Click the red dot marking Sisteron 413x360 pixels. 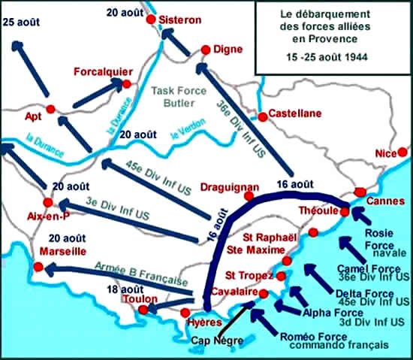151,19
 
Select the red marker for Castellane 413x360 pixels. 262,116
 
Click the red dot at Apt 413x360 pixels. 51,109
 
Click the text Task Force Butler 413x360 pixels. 179,96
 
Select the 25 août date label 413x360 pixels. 21,23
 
